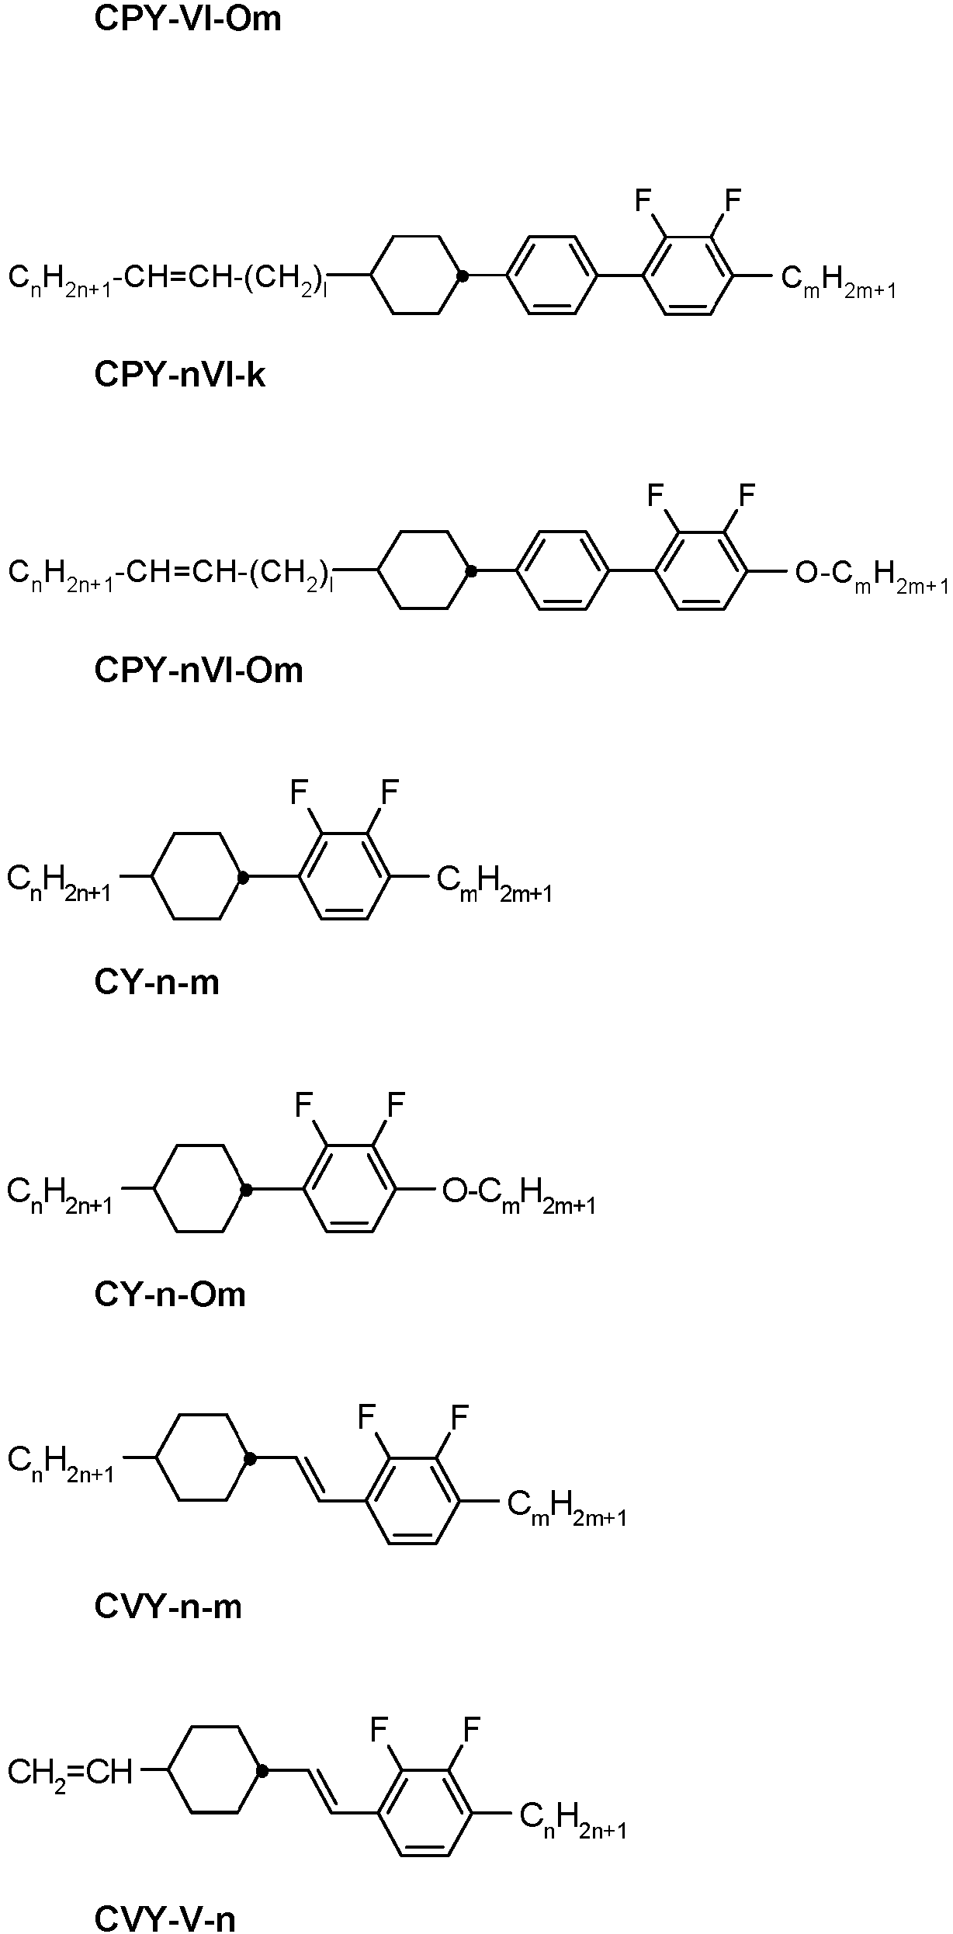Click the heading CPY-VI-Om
tap(187, 19)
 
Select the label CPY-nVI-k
tap(179, 375)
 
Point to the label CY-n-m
tap(157, 983)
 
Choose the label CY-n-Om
tap(169, 1294)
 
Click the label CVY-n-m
tap(168, 1606)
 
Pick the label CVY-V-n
tap(165, 1918)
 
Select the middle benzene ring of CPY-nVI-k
tap(552, 275)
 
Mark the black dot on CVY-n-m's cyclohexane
tap(250, 1459)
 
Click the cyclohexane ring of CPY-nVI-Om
tap(423, 570)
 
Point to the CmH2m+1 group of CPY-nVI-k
tap(838, 282)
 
